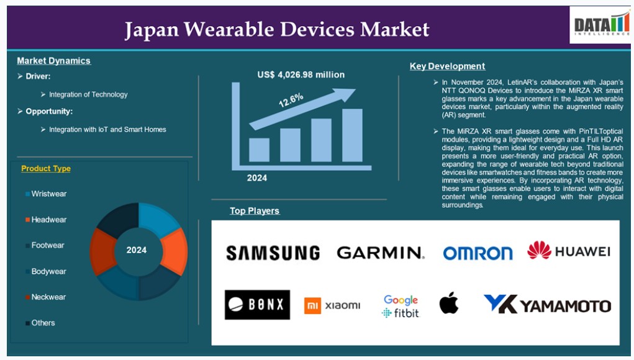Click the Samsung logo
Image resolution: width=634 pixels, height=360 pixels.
[273, 253]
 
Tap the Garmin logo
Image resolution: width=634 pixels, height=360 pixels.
[381, 253]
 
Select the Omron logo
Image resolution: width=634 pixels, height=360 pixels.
[478, 253]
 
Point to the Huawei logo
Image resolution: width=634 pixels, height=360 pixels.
[569, 251]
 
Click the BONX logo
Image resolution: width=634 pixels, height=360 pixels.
[257, 305]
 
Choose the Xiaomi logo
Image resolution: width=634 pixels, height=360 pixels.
[332, 305]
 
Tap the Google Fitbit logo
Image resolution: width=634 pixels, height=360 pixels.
[401, 306]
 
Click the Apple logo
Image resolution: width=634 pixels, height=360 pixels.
[449, 303]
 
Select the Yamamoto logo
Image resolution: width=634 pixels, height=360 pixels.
[547, 304]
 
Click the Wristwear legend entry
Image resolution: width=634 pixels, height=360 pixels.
[46, 194]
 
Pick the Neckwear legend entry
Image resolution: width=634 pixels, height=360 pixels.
[45, 297]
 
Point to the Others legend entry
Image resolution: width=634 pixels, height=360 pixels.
[40, 323]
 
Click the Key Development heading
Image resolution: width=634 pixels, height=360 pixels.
[447, 66]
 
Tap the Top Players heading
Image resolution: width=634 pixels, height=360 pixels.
[255, 211]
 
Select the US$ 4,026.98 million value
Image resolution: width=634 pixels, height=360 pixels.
[301, 74]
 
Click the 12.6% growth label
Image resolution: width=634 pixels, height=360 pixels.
[291, 100]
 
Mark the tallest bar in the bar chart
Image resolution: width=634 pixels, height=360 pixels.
[352, 135]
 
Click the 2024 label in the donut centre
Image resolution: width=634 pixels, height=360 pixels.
[136, 250]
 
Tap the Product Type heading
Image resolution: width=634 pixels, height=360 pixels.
[46, 168]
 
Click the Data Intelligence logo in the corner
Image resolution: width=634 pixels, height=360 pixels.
[600, 25]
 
